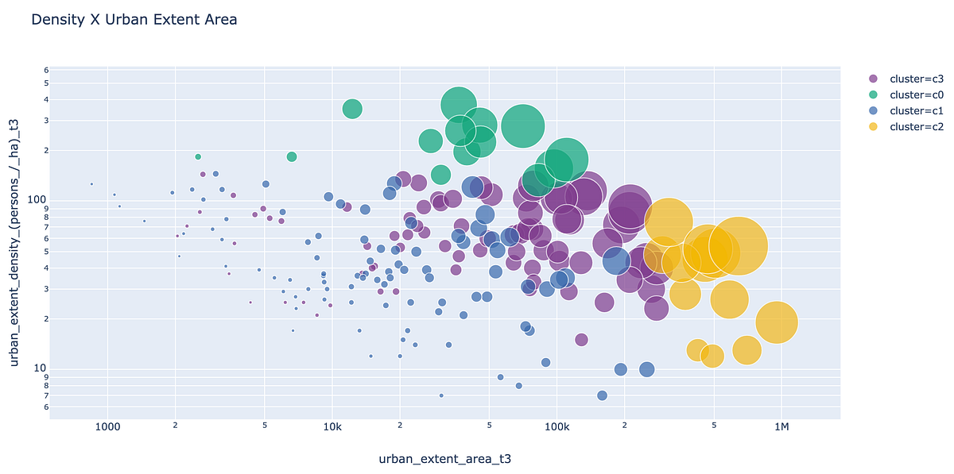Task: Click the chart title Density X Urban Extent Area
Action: (134, 20)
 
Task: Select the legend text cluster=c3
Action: (917, 79)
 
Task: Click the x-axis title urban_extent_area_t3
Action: (449, 459)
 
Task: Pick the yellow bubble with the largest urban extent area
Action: (777, 322)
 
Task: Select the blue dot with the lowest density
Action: (441, 395)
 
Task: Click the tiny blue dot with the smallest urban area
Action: (91, 184)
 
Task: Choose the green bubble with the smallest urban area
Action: (198, 157)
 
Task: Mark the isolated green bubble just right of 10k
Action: (352, 109)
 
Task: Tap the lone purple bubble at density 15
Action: (581, 340)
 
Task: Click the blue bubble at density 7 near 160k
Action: (602, 395)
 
